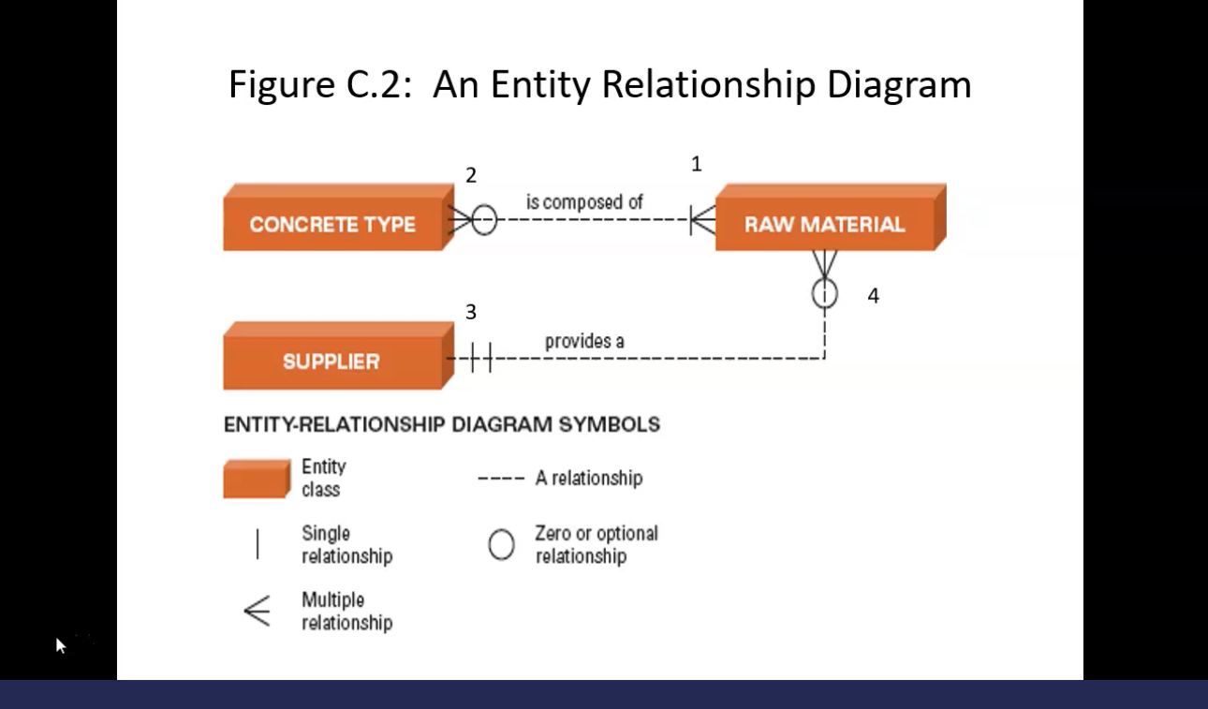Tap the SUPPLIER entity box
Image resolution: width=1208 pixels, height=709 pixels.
(x=331, y=362)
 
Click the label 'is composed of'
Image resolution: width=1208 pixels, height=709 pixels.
(x=584, y=202)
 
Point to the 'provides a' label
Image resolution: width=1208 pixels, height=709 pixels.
(x=584, y=341)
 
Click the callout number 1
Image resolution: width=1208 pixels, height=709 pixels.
(x=696, y=165)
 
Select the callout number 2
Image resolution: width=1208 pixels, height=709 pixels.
(x=471, y=175)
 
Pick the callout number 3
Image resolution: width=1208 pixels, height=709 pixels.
(x=471, y=312)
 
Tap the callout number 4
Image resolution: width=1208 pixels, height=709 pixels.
(x=873, y=296)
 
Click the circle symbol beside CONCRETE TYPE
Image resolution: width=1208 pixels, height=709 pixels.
(x=484, y=221)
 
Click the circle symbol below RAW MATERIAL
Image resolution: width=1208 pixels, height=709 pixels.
(x=824, y=293)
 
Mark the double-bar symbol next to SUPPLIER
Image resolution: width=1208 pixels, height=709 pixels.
(x=480, y=358)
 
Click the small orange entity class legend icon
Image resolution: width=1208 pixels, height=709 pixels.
(x=256, y=478)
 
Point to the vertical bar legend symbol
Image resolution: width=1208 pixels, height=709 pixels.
(x=258, y=544)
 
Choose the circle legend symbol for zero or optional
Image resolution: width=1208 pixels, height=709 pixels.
(x=501, y=544)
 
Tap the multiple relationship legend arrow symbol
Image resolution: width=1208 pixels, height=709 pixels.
(x=257, y=611)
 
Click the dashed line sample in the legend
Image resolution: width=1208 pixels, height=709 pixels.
(x=500, y=479)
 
